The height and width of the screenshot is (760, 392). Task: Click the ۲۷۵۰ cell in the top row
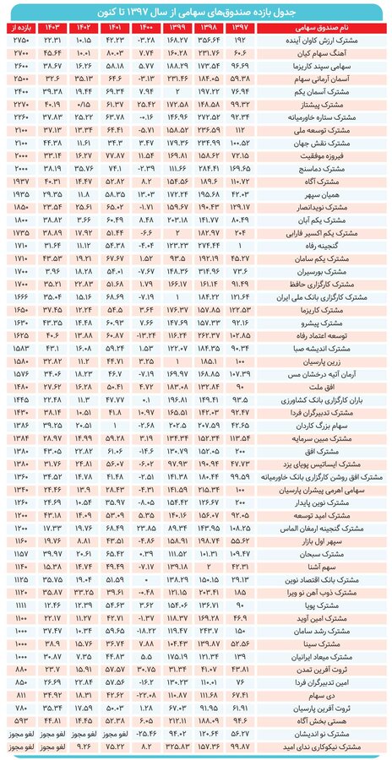(x=19, y=39)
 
